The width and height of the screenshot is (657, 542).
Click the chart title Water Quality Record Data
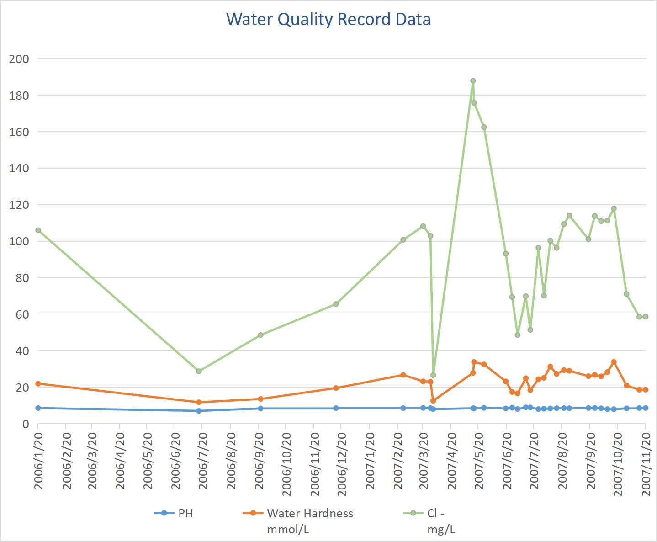[x=328, y=20]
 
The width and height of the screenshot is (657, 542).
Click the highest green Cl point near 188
[x=473, y=81]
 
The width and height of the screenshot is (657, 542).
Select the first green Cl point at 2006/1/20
[x=38, y=230]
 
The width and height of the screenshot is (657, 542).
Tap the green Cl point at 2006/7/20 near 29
[x=199, y=371]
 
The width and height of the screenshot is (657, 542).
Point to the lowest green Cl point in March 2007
[x=433, y=375]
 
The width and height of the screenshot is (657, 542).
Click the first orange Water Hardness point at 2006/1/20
[x=38, y=383]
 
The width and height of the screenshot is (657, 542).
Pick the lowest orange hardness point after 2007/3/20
[x=433, y=401]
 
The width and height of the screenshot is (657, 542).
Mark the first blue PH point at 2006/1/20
[x=38, y=408]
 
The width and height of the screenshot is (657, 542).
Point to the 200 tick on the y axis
[x=19, y=59]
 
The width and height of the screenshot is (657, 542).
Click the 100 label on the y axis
[x=19, y=241]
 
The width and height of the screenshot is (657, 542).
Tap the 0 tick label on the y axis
[x=26, y=424]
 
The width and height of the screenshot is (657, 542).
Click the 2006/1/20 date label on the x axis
[x=39, y=461]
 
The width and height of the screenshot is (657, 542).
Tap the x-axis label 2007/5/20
[x=479, y=461]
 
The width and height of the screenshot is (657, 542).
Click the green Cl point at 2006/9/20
[x=260, y=335]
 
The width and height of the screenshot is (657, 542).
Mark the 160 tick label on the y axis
[x=19, y=132]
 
